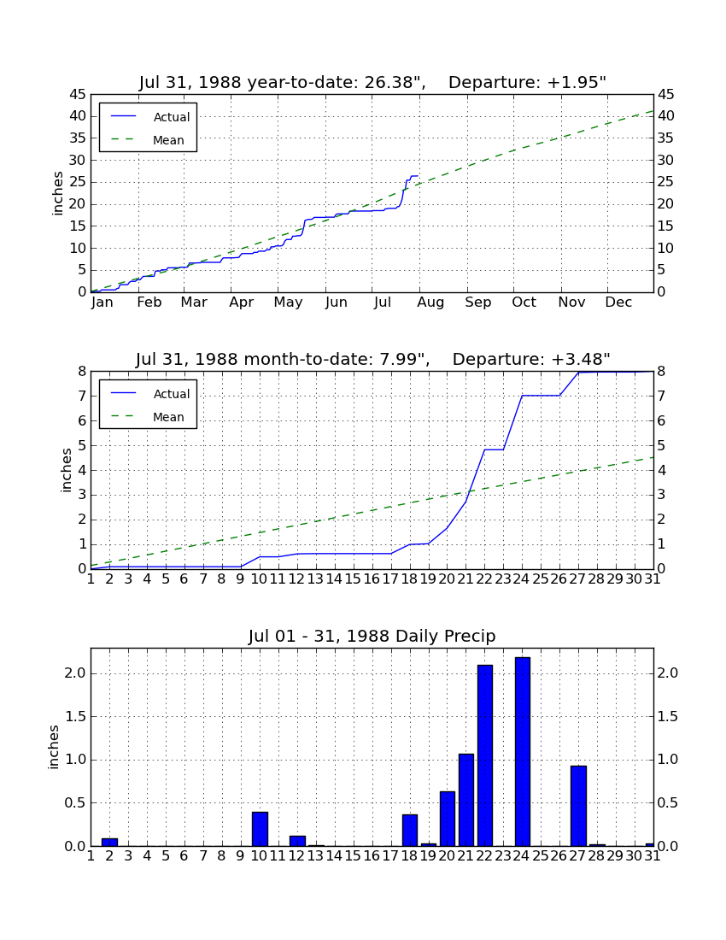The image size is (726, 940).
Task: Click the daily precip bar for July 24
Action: pos(523,752)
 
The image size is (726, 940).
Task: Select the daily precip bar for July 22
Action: pos(485,755)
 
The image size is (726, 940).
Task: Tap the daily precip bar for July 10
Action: pos(260,829)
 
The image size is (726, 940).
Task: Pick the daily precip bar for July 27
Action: pos(578,806)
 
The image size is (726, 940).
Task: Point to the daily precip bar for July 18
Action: pos(410,831)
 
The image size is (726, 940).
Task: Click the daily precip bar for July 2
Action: pos(109,843)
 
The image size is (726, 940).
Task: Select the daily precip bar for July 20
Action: pos(448,819)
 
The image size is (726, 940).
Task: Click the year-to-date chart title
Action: pos(372,82)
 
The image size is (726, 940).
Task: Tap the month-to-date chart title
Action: pos(372,359)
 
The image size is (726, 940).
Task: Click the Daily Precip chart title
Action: pos(372,636)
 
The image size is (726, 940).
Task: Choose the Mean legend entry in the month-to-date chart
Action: pos(148,417)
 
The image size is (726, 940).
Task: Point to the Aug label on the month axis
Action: pos(430,303)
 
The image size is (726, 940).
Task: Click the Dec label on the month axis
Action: pos(618,303)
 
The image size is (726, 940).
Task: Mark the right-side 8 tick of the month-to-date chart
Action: pos(661,372)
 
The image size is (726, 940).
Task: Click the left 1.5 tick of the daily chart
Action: pos(75,717)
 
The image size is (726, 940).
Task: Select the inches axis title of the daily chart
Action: pos(53,747)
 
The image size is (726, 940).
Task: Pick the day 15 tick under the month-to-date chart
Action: pos(353,579)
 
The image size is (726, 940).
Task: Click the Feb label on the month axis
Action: pos(149,303)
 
